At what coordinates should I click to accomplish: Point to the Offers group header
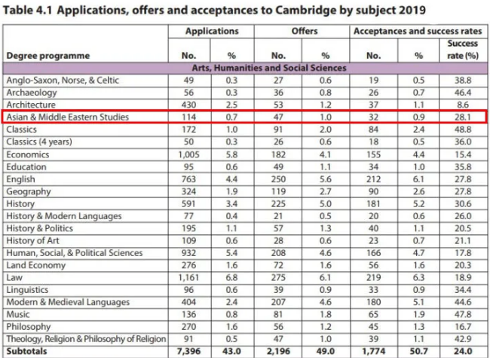[x=303, y=32]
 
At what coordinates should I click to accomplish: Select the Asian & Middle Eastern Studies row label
[x=67, y=117]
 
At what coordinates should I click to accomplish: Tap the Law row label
[x=14, y=277]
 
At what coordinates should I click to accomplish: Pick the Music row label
[x=18, y=313]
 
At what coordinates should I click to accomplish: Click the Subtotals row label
[x=28, y=350]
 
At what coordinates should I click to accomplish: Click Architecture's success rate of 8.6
[x=463, y=105]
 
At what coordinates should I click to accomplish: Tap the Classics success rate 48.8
[x=463, y=130]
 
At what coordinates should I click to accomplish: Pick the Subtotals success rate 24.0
[x=463, y=350]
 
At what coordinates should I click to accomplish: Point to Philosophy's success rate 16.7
[x=463, y=326]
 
